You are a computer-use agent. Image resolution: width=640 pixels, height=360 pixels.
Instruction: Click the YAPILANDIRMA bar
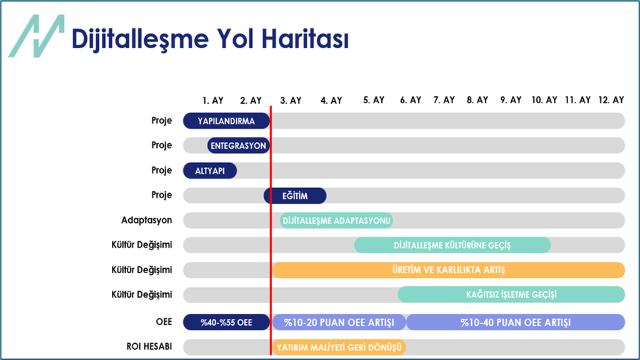tap(226, 121)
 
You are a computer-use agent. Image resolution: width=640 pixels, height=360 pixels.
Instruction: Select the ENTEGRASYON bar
tap(238, 146)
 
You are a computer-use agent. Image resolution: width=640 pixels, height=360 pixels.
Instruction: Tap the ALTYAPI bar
tap(210, 171)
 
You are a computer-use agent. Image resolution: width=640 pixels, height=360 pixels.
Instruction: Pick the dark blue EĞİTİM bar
tap(295, 196)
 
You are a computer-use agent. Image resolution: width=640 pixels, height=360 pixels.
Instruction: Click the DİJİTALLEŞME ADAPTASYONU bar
tap(336, 221)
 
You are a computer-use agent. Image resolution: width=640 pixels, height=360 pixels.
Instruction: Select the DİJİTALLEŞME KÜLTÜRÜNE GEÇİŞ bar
tap(452, 245)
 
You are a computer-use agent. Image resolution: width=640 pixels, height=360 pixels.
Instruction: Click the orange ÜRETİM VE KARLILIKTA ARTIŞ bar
tap(448, 270)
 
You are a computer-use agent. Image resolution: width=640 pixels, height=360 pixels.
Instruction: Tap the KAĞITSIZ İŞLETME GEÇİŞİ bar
tap(511, 294)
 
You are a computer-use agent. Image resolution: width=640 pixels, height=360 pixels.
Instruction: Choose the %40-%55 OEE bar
tap(226, 322)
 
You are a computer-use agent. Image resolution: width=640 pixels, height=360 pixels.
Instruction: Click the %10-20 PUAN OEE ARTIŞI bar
tap(339, 322)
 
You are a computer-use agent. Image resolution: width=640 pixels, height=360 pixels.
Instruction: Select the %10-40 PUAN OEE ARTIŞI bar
tap(516, 322)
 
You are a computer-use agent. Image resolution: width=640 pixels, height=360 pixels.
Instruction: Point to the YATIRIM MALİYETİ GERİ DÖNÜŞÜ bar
tap(339, 347)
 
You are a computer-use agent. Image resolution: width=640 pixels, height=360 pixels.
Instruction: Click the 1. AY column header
tap(213, 100)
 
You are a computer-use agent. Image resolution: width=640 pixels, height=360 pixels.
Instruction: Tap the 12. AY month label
tap(610, 100)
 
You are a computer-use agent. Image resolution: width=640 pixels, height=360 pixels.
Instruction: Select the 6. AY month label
tap(411, 100)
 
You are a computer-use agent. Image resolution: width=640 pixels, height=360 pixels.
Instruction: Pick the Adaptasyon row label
tap(146, 221)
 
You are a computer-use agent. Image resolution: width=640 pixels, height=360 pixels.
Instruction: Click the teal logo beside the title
tap(36, 36)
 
